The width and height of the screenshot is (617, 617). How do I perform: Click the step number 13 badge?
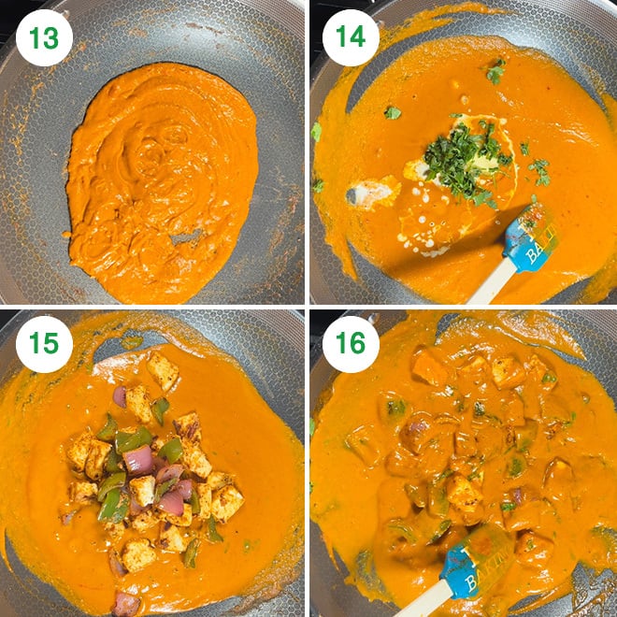(43, 38)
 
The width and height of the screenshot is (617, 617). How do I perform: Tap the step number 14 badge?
(351, 38)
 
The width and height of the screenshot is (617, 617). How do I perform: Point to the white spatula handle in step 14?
(488, 284)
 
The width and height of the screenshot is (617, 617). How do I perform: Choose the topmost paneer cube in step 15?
(162, 370)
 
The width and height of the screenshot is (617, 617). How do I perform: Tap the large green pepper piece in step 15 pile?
(134, 438)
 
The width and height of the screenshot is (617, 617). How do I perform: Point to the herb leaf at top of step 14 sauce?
(495, 71)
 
